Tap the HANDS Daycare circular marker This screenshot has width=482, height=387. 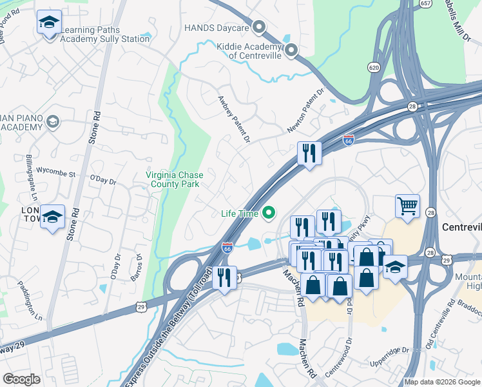pyautogui.click(x=259, y=27)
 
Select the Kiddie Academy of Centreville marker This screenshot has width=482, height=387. pyautogui.click(x=291, y=50)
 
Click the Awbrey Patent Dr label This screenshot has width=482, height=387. pyautogui.click(x=233, y=117)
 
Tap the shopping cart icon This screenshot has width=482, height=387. pyautogui.click(x=407, y=207)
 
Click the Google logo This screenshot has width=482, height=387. pyautogui.click(x=22, y=379)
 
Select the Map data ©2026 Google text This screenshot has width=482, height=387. pyautogui.click(x=442, y=382)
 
